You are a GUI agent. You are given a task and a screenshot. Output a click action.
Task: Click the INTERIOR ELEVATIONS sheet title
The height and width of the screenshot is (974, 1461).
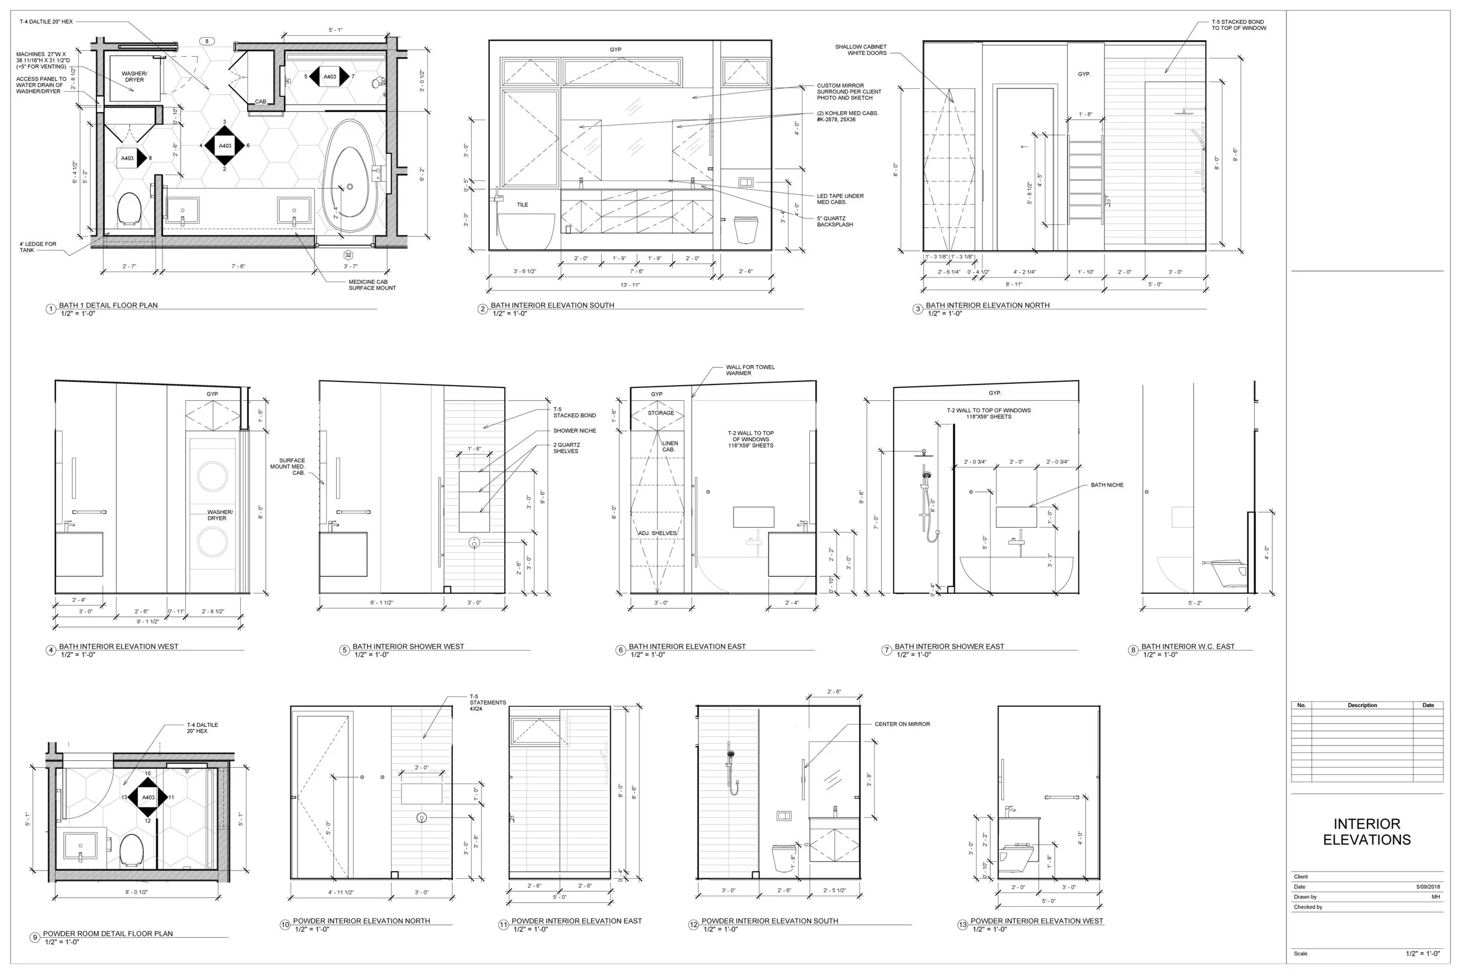point(1366,832)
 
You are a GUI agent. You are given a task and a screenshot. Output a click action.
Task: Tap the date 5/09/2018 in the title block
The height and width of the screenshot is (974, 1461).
point(1428,886)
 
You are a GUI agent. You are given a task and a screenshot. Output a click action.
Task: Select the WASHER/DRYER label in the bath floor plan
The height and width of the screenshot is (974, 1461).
point(134,77)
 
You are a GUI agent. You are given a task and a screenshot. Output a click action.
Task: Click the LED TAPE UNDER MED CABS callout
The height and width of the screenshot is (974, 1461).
point(840,199)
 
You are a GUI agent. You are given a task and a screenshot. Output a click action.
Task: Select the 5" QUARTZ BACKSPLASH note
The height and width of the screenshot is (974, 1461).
point(835,221)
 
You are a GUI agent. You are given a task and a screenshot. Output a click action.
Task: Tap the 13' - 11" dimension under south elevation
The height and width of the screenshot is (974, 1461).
point(630,285)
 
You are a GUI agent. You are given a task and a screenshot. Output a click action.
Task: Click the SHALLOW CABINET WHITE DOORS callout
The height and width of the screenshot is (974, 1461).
point(860,50)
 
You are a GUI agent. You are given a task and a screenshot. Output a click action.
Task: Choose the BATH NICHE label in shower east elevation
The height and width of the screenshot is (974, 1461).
point(1107,485)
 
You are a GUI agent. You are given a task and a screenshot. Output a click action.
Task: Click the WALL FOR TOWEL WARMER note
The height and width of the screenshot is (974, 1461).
point(750,370)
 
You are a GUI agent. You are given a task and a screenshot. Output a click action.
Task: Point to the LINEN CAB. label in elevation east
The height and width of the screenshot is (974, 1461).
point(670,446)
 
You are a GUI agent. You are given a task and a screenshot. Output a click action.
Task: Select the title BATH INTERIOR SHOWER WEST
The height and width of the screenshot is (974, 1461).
point(408,646)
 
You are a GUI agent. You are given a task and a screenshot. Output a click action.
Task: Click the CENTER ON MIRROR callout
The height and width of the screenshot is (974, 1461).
point(902,725)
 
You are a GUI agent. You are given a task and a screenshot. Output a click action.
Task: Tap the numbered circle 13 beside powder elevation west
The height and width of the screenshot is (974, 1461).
point(962,925)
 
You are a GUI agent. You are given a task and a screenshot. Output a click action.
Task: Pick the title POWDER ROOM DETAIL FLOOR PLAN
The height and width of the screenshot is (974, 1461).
point(108,933)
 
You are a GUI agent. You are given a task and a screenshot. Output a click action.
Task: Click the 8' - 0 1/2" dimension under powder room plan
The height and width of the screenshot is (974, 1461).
point(137,892)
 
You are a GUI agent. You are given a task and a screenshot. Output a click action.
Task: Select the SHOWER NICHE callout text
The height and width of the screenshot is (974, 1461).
point(574,431)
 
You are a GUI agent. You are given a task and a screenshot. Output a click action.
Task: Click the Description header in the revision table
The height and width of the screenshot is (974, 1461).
point(1362,705)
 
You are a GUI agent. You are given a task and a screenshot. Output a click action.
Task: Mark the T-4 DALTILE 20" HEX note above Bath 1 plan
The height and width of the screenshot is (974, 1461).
point(46,22)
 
